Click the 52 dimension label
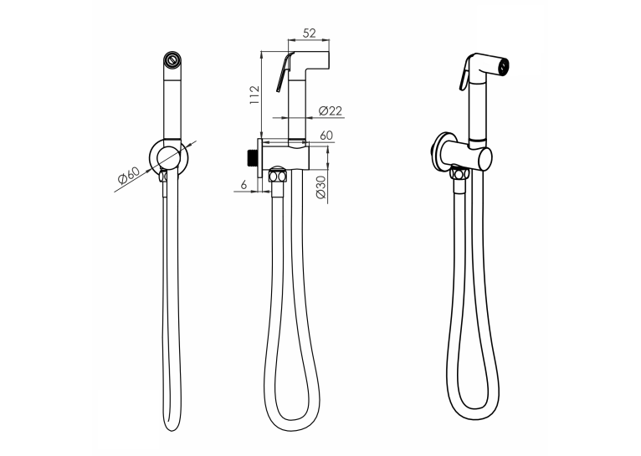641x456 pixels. (309, 33)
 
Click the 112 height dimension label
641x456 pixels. (254, 95)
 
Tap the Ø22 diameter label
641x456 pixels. (330, 110)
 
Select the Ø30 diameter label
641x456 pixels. (320, 187)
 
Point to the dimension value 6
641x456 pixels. (244, 185)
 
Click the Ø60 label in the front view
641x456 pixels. (128, 175)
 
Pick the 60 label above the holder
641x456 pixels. (326, 136)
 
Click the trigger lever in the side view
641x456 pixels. (284, 73)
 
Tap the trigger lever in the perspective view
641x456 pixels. (464, 74)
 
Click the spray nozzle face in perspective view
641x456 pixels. (504, 67)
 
